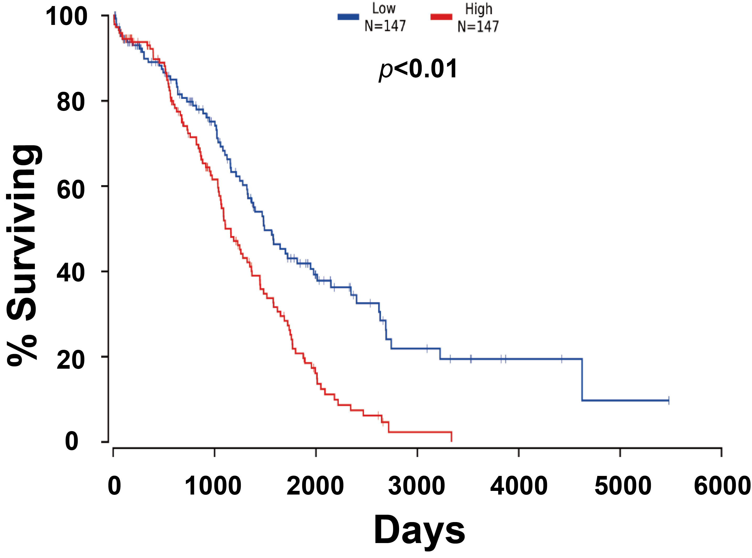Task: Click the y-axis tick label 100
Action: click(67, 17)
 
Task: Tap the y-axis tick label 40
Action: click(71, 273)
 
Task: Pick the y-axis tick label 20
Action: click(71, 360)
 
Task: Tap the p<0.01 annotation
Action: click(418, 69)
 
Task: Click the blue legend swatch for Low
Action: click(348, 17)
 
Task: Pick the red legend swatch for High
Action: click(441, 17)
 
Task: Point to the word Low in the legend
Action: click(384, 9)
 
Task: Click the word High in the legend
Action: click(479, 9)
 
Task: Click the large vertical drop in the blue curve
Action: click(582, 379)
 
